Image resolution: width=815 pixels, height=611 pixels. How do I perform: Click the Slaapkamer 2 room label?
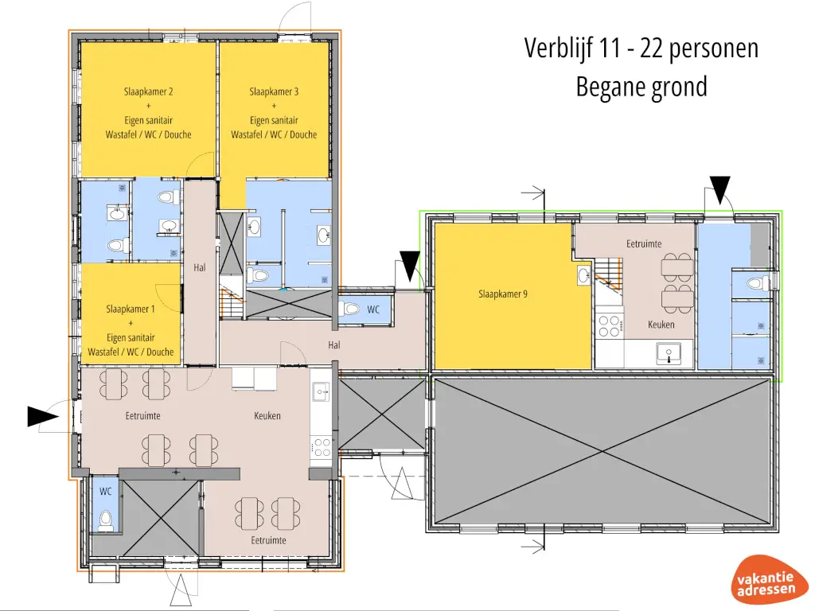pyautogui.click(x=148, y=91)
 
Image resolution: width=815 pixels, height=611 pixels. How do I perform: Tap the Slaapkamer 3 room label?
pyautogui.click(x=274, y=91)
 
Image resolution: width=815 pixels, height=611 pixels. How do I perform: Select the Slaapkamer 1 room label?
pyautogui.click(x=131, y=309)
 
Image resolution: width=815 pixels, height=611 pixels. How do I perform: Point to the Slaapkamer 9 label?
pyautogui.click(x=503, y=294)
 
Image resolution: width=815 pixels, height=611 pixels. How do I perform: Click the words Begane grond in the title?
pyautogui.click(x=641, y=86)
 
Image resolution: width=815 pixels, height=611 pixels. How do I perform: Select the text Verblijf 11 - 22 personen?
pyautogui.click(x=641, y=48)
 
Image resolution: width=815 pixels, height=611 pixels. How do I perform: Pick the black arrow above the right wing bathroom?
pyautogui.click(x=720, y=189)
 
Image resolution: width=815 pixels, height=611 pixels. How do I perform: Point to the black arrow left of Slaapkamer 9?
pyautogui.click(x=411, y=264)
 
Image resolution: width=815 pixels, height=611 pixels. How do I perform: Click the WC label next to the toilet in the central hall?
pyautogui.click(x=373, y=310)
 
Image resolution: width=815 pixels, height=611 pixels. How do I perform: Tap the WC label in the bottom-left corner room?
pyautogui.click(x=105, y=492)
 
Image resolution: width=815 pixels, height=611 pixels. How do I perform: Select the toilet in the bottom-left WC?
pyautogui.click(x=105, y=520)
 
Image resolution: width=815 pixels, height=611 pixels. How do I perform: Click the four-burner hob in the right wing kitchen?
pyautogui.click(x=610, y=326)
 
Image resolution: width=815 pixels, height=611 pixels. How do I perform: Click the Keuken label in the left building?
pyautogui.click(x=267, y=415)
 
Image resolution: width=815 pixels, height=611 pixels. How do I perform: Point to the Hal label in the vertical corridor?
pyautogui.click(x=200, y=267)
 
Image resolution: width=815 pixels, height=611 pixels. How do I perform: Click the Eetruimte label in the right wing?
pyautogui.click(x=644, y=243)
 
